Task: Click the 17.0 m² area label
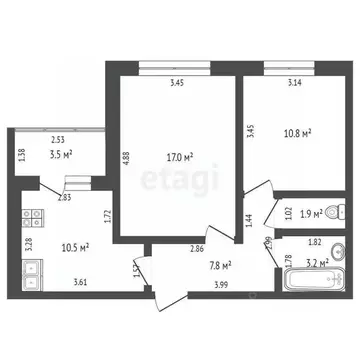(x=179, y=156)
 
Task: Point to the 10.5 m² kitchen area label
(x=75, y=247)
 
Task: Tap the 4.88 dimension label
(x=126, y=160)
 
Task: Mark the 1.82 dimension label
(x=315, y=243)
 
